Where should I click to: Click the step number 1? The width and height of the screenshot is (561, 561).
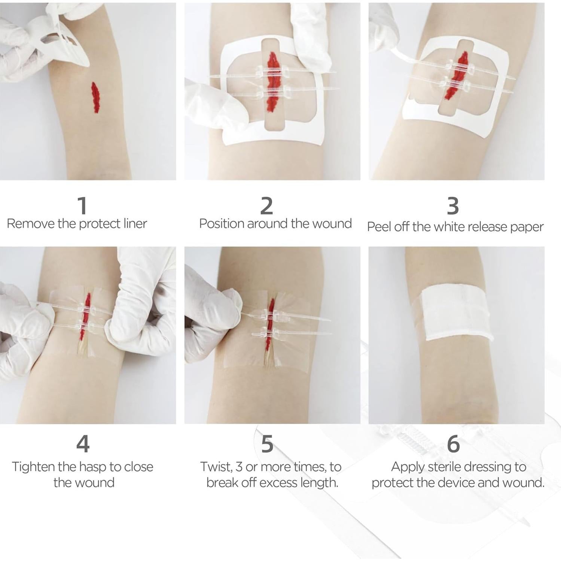[x=82, y=205]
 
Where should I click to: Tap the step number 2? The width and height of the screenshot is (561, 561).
[x=266, y=205]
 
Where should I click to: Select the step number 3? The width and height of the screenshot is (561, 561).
[x=453, y=205]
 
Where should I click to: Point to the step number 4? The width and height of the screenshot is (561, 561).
[x=83, y=443]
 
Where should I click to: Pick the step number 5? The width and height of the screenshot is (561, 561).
[x=267, y=443]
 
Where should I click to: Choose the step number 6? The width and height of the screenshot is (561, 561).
[x=453, y=443]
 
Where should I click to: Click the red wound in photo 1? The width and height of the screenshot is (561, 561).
[x=95, y=97]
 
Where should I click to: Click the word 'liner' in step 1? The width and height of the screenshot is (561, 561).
[x=135, y=223]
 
